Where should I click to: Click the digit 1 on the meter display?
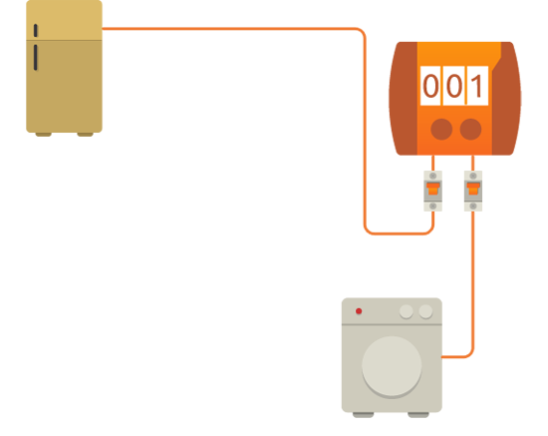click(x=477, y=86)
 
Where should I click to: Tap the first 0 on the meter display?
click(x=430, y=86)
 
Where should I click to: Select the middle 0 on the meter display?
click(x=454, y=86)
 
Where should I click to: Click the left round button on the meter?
click(x=441, y=129)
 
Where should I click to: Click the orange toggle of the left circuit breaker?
click(x=433, y=189)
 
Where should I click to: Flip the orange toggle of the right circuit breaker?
click(x=473, y=189)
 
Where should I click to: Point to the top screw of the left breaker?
click(x=433, y=176)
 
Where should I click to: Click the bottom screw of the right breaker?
click(x=473, y=207)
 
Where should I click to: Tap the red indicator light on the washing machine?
click(x=359, y=311)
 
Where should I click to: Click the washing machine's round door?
click(x=392, y=366)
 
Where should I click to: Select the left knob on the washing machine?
click(x=407, y=311)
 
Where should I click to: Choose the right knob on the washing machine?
click(x=425, y=311)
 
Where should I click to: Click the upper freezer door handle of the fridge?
click(x=35, y=31)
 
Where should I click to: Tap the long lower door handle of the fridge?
click(x=35, y=58)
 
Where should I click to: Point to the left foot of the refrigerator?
click(x=43, y=135)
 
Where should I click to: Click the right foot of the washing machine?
click(x=418, y=415)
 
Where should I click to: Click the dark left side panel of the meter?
click(x=404, y=99)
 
